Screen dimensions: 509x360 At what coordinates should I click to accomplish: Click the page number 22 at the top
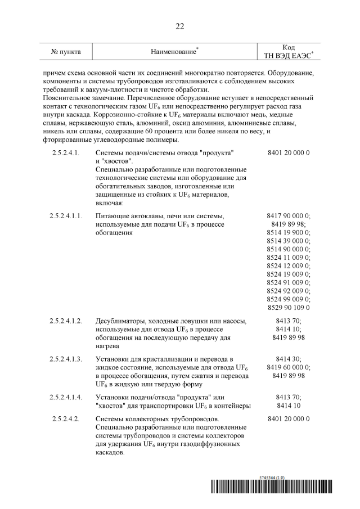tap(180, 26)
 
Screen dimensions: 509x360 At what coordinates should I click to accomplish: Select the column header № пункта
tap(66, 52)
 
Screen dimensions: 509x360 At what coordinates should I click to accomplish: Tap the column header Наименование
tap(173, 52)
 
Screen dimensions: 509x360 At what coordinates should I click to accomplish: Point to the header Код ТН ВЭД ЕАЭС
tap(289, 52)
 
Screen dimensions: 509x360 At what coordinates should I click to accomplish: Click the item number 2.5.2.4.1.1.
tap(66, 216)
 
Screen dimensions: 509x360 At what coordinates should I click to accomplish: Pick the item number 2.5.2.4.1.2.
tap(66, 321)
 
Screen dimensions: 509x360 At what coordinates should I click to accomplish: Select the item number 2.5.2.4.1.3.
tap(66, 359)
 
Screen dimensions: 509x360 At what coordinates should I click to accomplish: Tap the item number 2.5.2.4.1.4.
tap(66, 397)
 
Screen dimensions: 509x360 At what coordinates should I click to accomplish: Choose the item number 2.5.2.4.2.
tap(66, 419)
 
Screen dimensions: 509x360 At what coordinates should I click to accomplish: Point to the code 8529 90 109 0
tap(289, 308)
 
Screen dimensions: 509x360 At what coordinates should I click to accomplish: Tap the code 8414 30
tap(289, 359)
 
